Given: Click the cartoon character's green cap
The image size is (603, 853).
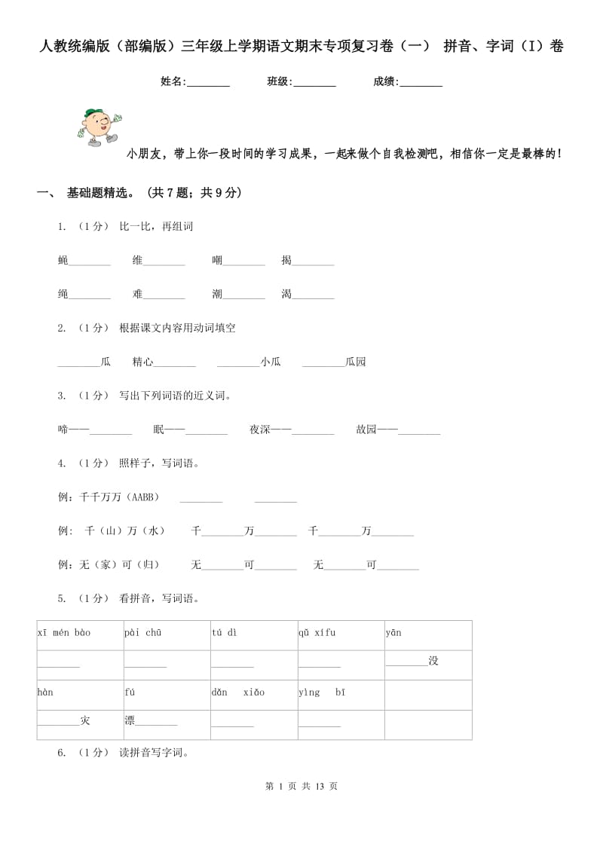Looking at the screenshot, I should coord(93,114).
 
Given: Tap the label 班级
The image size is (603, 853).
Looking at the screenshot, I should coord(279,81).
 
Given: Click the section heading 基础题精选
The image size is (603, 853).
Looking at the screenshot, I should coord(101,193).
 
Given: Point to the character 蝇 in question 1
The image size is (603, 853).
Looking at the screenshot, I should coord(63,261).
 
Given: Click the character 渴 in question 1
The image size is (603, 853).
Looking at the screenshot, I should coord(286,294).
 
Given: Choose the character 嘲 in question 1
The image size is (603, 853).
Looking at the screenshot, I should coord(217,261).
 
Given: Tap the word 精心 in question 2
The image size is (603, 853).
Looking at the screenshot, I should coord(142,362).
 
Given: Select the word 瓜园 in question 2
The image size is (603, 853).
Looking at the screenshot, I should coord(356,362).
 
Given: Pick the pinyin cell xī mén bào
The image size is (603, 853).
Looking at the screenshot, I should coord(64,633).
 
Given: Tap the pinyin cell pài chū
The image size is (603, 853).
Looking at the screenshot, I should coord(143,633).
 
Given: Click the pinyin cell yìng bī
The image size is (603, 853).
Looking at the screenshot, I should coord(321,692).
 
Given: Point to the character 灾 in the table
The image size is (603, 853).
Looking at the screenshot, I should coord(85,721).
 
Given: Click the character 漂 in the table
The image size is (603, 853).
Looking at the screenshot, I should coord(130,720).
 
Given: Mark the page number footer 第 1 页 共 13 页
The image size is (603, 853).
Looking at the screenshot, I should coord(301,786).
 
